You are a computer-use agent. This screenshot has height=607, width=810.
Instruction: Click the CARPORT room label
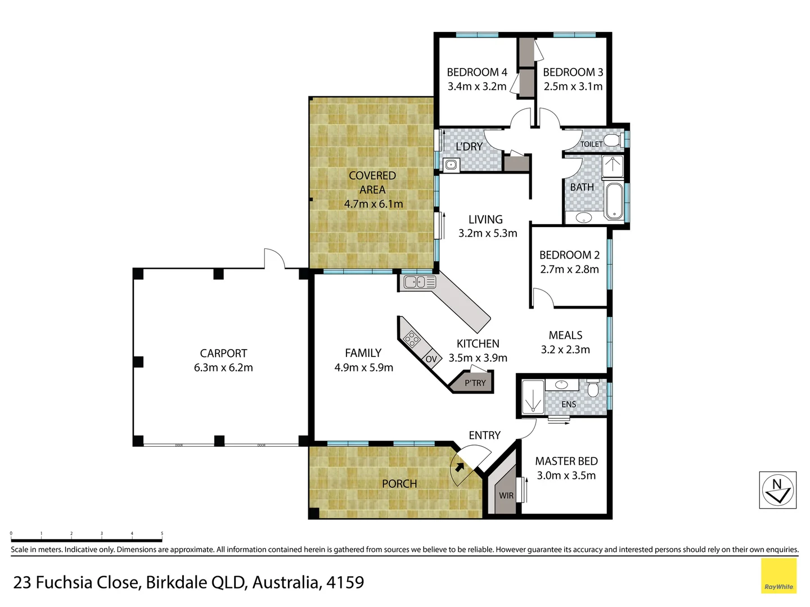(223, 354)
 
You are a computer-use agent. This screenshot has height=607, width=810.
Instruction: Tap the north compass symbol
(777, 490)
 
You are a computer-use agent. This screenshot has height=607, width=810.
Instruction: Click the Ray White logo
(778, 576)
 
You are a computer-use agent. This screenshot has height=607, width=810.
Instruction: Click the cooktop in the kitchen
(412, 339)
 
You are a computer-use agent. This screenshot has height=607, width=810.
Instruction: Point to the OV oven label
(431, 359)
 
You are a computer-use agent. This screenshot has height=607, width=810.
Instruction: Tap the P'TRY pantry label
(475, 383)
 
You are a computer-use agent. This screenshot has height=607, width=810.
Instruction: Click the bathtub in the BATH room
(614, 201)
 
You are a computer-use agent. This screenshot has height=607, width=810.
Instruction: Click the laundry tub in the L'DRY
(451, 165)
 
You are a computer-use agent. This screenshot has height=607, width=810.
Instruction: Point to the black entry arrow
(460, 466)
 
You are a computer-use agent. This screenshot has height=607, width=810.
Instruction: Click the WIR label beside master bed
(506, 495)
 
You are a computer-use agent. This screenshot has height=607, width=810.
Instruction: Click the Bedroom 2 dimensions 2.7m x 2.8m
(569, 269)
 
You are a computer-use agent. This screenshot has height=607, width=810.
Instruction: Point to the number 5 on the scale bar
(162, 533)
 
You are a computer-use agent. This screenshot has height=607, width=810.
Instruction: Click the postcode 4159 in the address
(345, 582)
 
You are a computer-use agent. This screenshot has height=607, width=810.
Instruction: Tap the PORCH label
(399, 484)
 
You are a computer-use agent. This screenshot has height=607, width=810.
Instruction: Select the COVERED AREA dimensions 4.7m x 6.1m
(373, 204)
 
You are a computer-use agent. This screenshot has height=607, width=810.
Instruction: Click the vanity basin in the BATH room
(583, 218)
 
